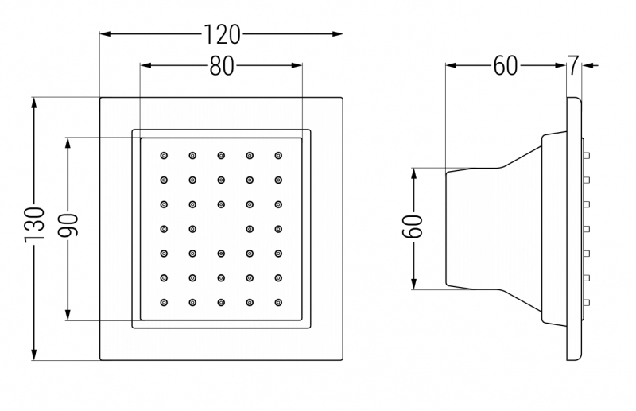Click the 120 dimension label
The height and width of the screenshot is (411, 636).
tap(222, 33)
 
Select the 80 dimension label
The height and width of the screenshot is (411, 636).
tap(222, 67)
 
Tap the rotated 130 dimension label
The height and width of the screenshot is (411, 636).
tap(34, 229)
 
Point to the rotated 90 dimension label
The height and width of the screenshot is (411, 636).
tap(68, 229)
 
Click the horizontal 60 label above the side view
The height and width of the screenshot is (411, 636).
tap(506, 66)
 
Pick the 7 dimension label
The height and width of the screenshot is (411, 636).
tap(573, 66)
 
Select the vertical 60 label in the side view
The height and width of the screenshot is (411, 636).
tap(413, 229)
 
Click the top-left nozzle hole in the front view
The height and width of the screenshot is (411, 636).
tap(164, 155)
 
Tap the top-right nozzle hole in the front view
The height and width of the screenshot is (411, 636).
tap(278, 155)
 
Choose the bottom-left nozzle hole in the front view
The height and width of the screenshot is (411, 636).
tap(164, 302)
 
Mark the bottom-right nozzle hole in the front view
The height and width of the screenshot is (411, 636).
tap(278, 302)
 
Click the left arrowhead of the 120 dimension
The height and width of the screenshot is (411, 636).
tap(105, 33)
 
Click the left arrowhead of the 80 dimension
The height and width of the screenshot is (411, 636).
tap(145, 67)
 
